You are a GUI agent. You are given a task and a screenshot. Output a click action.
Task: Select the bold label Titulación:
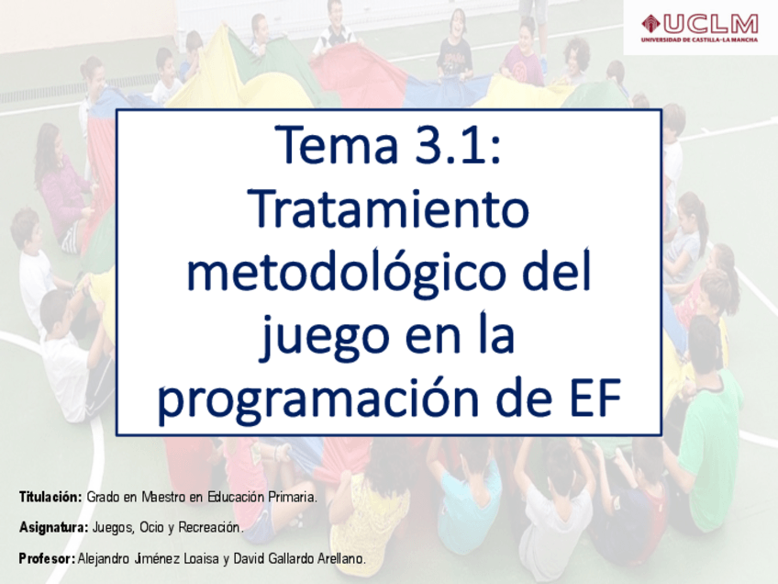pos(50,497)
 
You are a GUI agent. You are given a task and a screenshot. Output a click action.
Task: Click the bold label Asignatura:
pos(53,527)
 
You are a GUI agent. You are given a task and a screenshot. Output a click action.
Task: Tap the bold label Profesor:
pos(47,558)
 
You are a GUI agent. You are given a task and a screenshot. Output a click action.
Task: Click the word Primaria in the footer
pos(293,497)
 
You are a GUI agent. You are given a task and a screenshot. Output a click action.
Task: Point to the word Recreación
pos(211,527)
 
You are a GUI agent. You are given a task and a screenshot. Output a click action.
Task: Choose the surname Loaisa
pos(201,558)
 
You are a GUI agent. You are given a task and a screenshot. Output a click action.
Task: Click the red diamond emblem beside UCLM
pos(650,23)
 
